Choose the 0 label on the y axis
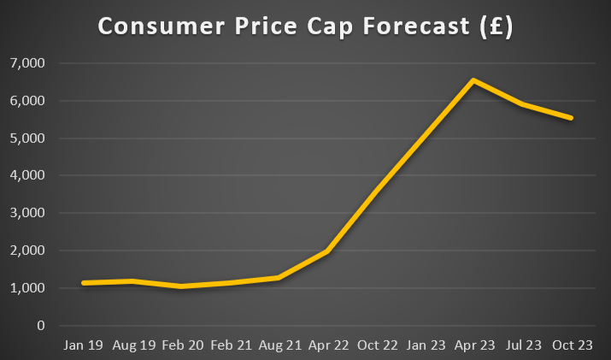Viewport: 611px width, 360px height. (x=39, y=326)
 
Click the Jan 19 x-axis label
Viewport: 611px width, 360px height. (x=83, y=345)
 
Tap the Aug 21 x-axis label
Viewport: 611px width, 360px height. (x=279, y=345)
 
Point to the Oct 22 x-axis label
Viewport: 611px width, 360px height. (x=376, y=345)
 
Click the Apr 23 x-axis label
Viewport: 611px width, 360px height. (x=473, y=345)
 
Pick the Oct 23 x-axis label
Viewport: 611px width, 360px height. (x=571, y=345)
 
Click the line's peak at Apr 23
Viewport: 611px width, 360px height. (x=473, y=80)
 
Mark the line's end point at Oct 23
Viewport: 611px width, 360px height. (x=571, y=118)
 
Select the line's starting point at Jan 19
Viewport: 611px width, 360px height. (x=83, y=283)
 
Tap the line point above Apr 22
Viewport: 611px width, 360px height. (x=327, y=252)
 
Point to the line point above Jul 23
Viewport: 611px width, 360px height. (x=522, y=104)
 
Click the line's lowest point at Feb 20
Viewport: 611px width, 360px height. (x=180, y=286)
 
